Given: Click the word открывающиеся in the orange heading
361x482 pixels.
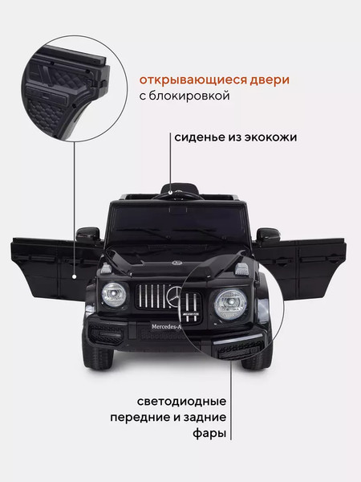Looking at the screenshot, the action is click(x=193, y=80).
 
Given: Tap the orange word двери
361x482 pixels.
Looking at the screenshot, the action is click(x=270, y=80).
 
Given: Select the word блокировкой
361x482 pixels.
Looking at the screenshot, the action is click(x=189, y=96).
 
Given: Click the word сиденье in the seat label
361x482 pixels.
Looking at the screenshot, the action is click(x=200, y=137).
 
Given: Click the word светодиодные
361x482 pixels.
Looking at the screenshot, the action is click(x=182, y=402).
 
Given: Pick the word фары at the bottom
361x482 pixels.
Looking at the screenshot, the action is click(x=209, y=434).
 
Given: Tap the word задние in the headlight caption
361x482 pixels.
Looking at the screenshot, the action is click(x=205, y=418).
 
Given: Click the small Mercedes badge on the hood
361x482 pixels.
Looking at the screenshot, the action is click(x=176, y=263).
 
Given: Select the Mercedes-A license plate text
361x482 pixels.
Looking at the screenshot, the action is click(x=165, y=327).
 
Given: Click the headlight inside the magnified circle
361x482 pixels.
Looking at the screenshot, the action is click(x=230, y=304).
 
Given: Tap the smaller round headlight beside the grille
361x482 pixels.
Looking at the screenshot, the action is click(x=114, y=295).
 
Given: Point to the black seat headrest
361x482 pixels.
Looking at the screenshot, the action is click(x=180, y=188).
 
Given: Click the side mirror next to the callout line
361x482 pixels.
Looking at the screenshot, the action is click(x=87, y=234).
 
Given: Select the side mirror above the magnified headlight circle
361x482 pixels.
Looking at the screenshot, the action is click(x=268, y=235).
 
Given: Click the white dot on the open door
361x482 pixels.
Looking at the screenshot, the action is click(x=74, y=276).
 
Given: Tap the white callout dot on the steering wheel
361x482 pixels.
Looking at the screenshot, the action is click(x=171, y=193).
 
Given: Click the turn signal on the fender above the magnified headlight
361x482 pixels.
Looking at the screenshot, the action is click(x=241, y=269).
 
